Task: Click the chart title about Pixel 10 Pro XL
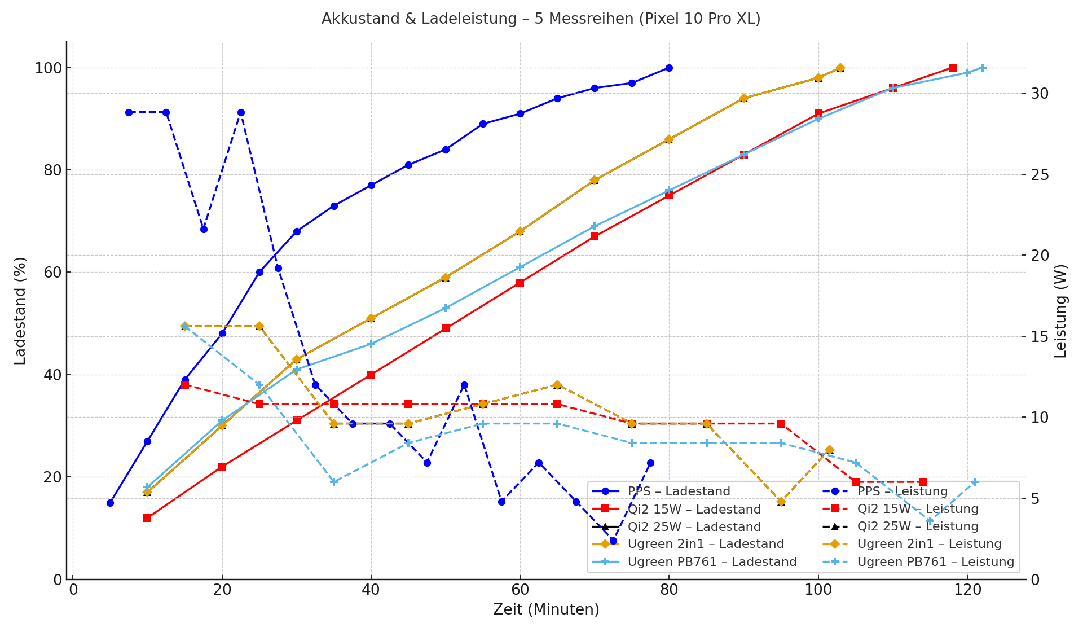(x=540, y=19)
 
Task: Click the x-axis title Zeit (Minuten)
(x=546, y=610)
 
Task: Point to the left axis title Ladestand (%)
(x=20, y=310)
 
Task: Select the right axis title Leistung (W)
(x=1061, y=310)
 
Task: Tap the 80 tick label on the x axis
(x=669, y=590)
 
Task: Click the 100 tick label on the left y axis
(x=49, y=68)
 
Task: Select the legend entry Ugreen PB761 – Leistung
(x=935, y=562)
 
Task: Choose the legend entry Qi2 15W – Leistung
(x=918, y=509)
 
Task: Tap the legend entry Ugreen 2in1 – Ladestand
(x=706, y=544)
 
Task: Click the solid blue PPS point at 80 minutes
(x=669, y=68)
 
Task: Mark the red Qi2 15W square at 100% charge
(x=953, y=68)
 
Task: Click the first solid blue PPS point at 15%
(x=110, y=503)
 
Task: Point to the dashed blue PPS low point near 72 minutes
(x=613, y=541)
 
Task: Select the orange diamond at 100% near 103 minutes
(x=840, y=68)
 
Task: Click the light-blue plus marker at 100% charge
(x=983, y=68)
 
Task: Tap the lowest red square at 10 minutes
(x=147, y=518)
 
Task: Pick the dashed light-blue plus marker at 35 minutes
(x=334, y=482)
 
